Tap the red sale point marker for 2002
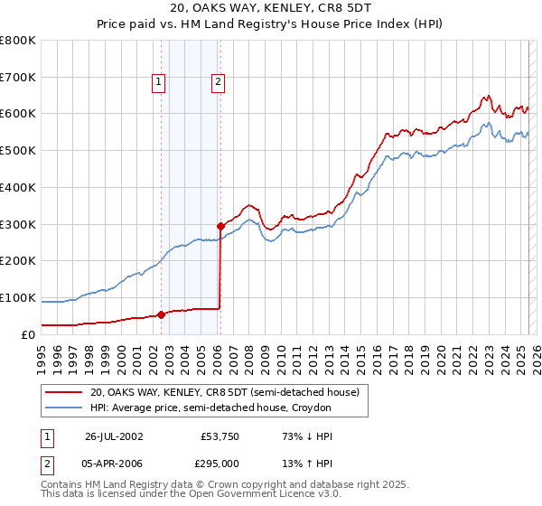(162, 314)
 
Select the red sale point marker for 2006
(220, 226)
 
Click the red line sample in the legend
(64, 393)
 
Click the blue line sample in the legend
(64, 408)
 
